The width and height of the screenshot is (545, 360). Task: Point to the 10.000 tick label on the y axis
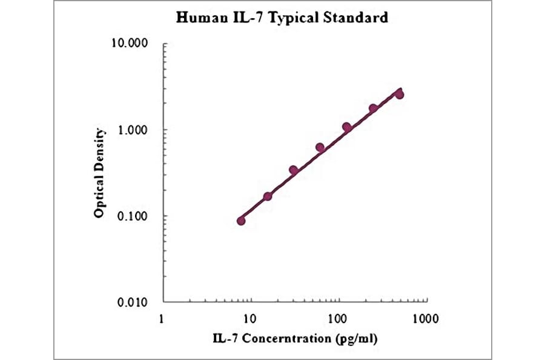(x=131, y=44)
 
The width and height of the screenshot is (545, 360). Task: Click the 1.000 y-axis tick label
(x=134, y=130)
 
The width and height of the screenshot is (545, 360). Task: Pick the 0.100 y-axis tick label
(x=134, y=216)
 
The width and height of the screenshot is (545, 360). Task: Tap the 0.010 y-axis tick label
(x=134, y=302)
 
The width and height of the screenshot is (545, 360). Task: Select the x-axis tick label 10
(x=249, y=318)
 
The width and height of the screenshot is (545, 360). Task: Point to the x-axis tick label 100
(x=337, y=318)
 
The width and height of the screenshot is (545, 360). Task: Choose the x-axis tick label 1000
(x=424, y=318)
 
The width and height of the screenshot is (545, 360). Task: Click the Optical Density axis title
(x=100, y=173)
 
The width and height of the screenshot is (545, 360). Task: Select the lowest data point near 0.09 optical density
(x=241, y=221)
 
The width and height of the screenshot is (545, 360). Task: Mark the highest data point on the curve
(x=399, y=95)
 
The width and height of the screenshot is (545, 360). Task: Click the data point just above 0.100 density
(x=268, y=196)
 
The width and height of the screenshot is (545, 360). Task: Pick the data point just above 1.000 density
(x=347, y=127)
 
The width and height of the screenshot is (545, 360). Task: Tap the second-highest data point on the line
(x=373, y=108)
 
